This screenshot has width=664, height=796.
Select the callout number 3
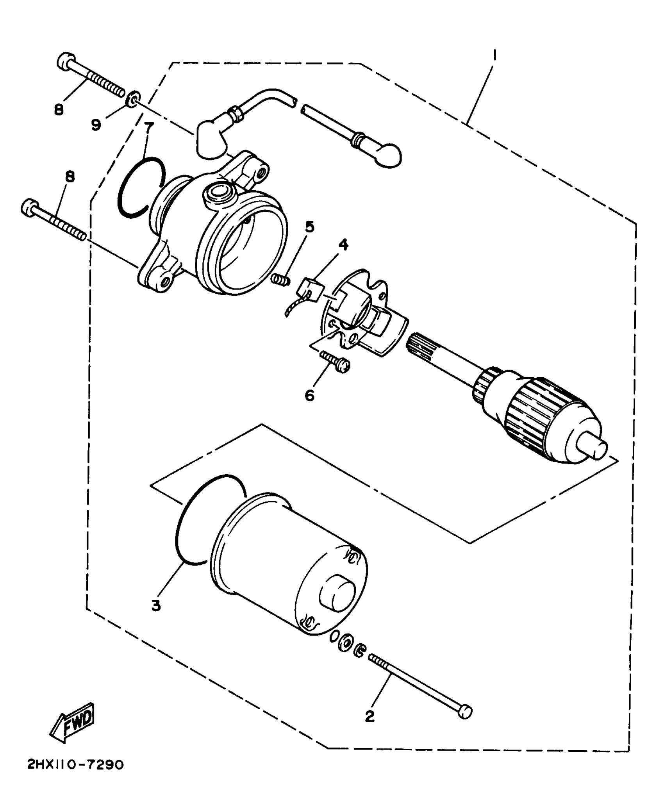pyautogui.click(x=156, y=606)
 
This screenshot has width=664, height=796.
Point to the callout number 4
pyautogui.click(x=343, y=245)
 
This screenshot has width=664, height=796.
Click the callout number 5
pyautogui.click(x=309, y=227)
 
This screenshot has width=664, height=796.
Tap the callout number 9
pyautogui.click(x=96, y=125)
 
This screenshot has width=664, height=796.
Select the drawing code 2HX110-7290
pyautogui.click(x=75, y=775)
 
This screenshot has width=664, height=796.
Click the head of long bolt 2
pyautogui.click(x=465, y=712)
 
